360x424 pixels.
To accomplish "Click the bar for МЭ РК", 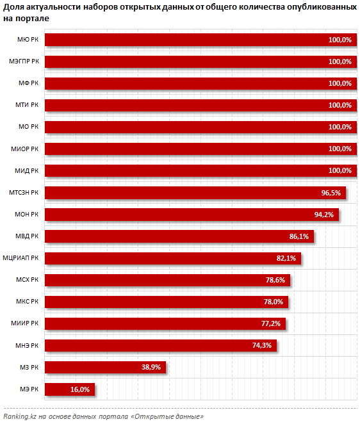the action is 70,389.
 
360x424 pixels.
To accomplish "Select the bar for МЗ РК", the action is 105,367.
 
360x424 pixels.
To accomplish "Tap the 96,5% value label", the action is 331,193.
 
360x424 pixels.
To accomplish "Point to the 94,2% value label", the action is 323,215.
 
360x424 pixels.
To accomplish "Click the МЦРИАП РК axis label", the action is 20,258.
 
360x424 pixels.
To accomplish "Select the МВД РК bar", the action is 179,236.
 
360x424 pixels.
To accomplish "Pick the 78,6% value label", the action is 275,280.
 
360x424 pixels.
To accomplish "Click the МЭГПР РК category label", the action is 24,61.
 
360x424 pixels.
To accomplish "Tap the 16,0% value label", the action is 80,389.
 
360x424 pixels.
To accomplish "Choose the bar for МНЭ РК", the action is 161,345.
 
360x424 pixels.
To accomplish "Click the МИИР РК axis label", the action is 24,323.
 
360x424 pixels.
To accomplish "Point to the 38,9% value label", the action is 151,367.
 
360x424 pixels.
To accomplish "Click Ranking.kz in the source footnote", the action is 19,416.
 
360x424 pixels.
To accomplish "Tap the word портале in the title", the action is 33,19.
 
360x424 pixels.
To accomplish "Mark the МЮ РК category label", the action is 28,40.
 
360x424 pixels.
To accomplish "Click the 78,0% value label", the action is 273,302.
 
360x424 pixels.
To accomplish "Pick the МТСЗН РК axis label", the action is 24,193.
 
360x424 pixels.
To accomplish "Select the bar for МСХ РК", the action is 167,280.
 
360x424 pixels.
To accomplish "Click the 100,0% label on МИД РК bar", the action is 340,170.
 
